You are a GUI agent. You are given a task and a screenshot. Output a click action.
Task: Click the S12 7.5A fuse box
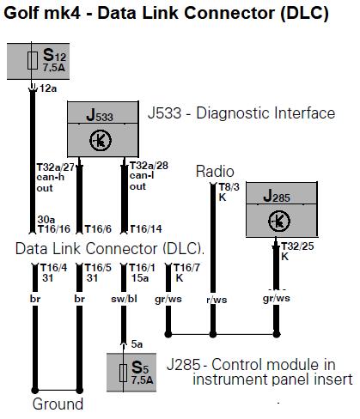coord(38,61)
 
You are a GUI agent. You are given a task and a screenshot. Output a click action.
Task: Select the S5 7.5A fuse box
coord(131,372)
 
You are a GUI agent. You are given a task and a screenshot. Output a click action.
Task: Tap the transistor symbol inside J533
coord(101,140)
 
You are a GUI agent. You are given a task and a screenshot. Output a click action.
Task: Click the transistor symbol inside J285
coord(279,221)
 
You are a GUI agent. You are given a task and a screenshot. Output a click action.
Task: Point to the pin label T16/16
coord(54,229)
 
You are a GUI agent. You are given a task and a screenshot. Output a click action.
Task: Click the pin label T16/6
coord(98,229)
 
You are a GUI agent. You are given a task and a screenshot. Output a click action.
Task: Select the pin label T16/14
coord(146,229)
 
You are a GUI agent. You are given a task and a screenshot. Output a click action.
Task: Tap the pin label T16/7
coord(186,268)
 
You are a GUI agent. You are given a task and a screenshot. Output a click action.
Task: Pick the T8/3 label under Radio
coord(229,187)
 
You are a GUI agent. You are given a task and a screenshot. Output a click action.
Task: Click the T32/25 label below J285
coord(297,246)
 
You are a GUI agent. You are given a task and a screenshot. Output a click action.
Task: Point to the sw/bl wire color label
coord(124,299)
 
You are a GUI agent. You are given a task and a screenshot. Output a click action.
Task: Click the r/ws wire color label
coord(217,300)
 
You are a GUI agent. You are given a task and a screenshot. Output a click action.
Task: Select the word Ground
coord(58,404)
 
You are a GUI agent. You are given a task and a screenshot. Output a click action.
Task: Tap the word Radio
coord(215,172)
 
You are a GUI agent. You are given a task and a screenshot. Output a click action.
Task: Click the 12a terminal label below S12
coord(48,88)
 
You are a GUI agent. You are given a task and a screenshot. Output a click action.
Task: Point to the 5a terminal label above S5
coord(137,344)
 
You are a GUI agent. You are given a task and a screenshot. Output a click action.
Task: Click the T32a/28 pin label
coord(149,166)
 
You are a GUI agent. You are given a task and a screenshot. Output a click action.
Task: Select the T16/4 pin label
coord(53,268)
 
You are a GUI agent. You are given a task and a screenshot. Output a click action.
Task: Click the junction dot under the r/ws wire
coord(213,334)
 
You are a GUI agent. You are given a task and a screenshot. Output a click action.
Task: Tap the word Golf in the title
coord(21,14)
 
